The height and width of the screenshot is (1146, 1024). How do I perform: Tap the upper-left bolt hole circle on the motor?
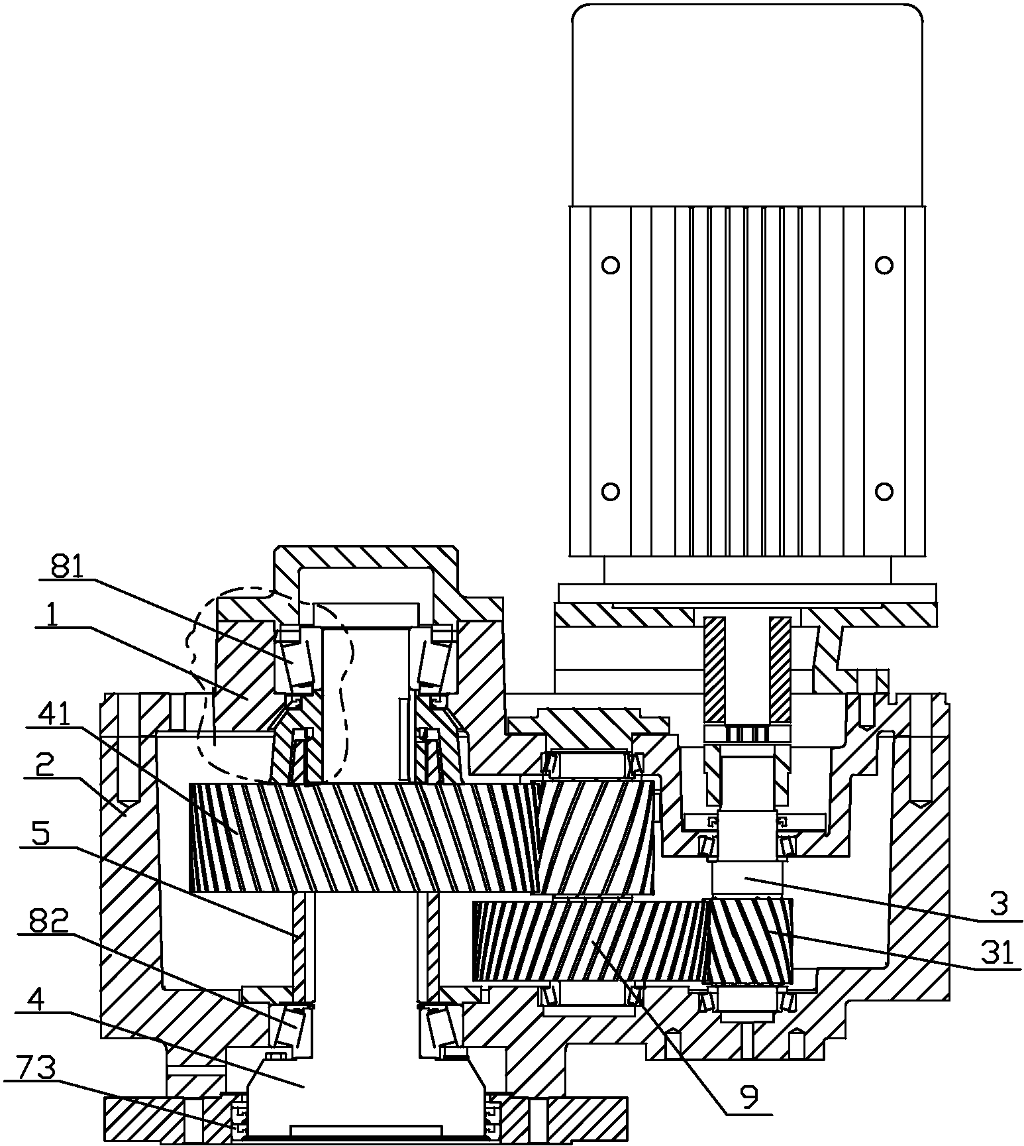611,265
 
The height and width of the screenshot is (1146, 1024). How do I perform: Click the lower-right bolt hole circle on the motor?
884,491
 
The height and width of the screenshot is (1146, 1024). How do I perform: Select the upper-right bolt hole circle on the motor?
884,265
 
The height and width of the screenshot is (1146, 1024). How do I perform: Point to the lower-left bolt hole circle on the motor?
611,491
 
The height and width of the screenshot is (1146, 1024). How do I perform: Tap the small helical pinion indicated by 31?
749,941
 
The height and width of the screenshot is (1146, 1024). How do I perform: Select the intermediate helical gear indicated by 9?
588,941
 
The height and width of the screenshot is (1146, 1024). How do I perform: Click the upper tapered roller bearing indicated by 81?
297,659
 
